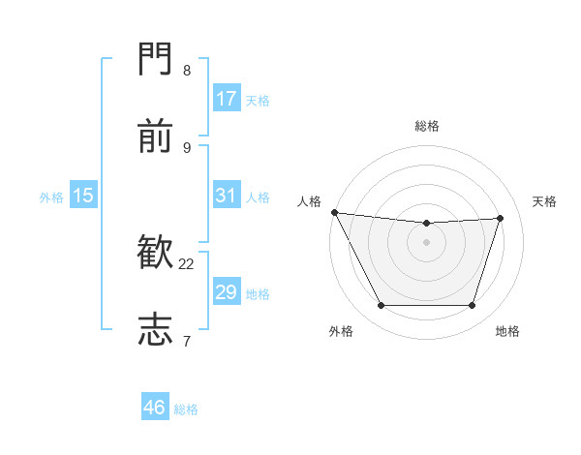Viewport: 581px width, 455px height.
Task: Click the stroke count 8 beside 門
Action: click(x=187, y=71)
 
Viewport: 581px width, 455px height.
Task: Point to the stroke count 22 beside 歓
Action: click(x=187, y=263)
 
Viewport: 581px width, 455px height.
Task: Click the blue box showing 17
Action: click(x=227, y=99)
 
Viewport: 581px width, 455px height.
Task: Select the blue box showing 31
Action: click(x=227, y=196)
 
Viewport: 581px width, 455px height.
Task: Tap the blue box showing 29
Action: click(x=227, y=292)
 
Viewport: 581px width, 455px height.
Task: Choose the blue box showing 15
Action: click(x=83, y=196)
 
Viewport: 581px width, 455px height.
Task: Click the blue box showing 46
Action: click(x=155, y=408)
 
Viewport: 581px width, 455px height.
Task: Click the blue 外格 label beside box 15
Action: click(x=51, y=197)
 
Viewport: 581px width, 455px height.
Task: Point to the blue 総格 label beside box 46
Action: click(x=186, y=409)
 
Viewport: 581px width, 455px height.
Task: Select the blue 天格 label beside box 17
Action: click(x=258, y=100)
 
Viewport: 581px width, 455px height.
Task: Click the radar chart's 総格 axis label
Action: click(x=427, y=126)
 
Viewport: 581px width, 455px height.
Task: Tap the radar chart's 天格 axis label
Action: click(x=545, y=201)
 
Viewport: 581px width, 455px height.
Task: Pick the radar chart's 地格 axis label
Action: click(x=507, y=331)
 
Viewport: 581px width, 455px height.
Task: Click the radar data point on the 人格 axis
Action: click(x=334, y=212)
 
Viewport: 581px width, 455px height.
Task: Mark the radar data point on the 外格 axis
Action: click(x=381, y=306)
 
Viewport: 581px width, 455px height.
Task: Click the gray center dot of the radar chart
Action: click(x=427, y=242)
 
